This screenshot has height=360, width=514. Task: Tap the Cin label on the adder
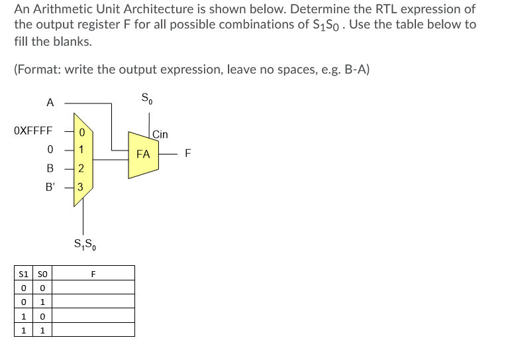click(x=160, y=135)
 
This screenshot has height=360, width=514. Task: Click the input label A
click(x=50, y=103)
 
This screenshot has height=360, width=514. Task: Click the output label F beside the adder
click(x=188, y=154)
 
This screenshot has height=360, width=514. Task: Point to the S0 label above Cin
click(x=146, y=99)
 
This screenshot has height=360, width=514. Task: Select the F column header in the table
click(x=93, y=273)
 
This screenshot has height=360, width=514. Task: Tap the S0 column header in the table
click(x=42, y=273)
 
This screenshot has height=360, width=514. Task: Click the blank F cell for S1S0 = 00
click(x=93, y=288)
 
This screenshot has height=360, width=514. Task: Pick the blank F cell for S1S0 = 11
click(x=93, y=330)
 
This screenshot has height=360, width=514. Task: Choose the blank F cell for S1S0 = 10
click(x=93, y=316)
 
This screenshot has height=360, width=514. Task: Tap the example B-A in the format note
click(x=354, y=69)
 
